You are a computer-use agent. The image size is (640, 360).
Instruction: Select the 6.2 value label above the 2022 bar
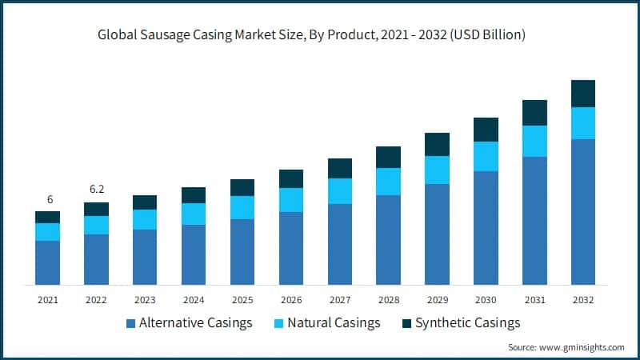coord(96,190)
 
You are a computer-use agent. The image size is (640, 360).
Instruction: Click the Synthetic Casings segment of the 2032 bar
coord(583,94)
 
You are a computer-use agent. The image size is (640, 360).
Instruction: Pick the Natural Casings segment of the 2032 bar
coord(583,123)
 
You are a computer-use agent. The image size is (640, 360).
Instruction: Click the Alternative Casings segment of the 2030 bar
coord(486,228)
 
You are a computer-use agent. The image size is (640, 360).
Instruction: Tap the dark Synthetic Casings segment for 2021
coord(48,217)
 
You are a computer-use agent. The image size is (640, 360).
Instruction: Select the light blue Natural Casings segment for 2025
coord(242,207)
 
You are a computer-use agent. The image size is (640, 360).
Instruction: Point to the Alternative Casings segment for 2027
coord(340,244)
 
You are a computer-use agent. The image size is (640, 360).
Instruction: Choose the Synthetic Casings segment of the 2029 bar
coord(437,144)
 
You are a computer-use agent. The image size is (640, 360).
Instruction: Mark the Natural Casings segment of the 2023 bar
coord(145,219)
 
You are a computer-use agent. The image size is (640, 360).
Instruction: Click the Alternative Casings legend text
coord(196,323)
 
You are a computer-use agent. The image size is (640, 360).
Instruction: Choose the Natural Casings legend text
coord(334,323)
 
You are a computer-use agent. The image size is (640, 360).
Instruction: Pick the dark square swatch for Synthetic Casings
coord(407,323)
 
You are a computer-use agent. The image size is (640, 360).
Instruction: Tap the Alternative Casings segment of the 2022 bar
coord(96,259)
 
